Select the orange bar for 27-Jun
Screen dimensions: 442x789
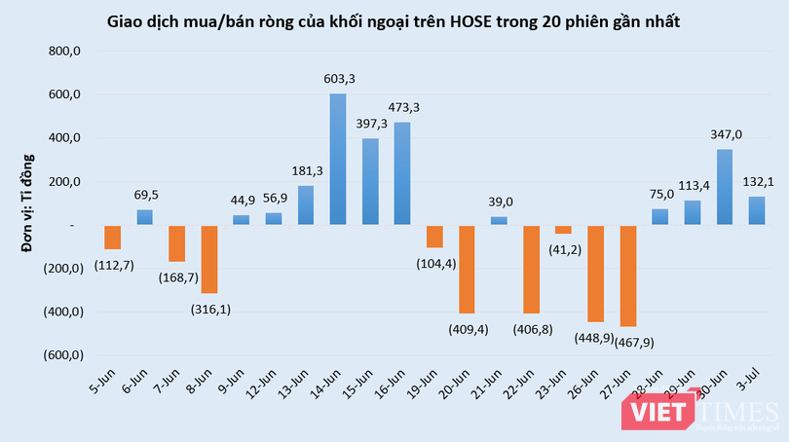pyautogui.click(x=628, y=276)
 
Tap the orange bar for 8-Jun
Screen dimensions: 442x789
pyautogui.click(x=208, y=259)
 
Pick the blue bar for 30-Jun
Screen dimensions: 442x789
pyautogui.click(x=725, y=187)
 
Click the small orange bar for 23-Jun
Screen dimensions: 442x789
pyautogui.click(x=563, y=230)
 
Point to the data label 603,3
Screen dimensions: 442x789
pyautogui.click(x=338, y=78)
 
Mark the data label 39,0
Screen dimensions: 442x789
pyautogui.click(x=500, y=201)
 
